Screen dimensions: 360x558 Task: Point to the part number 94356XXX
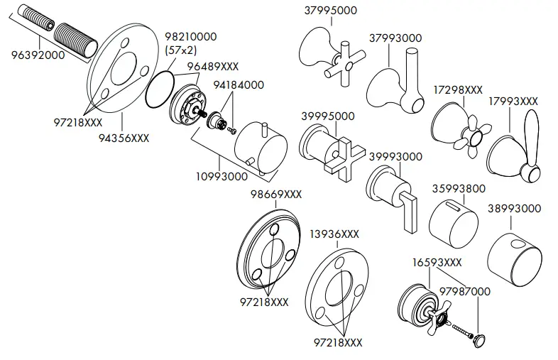[124, 138]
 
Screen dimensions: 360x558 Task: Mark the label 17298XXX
[457, 90]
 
